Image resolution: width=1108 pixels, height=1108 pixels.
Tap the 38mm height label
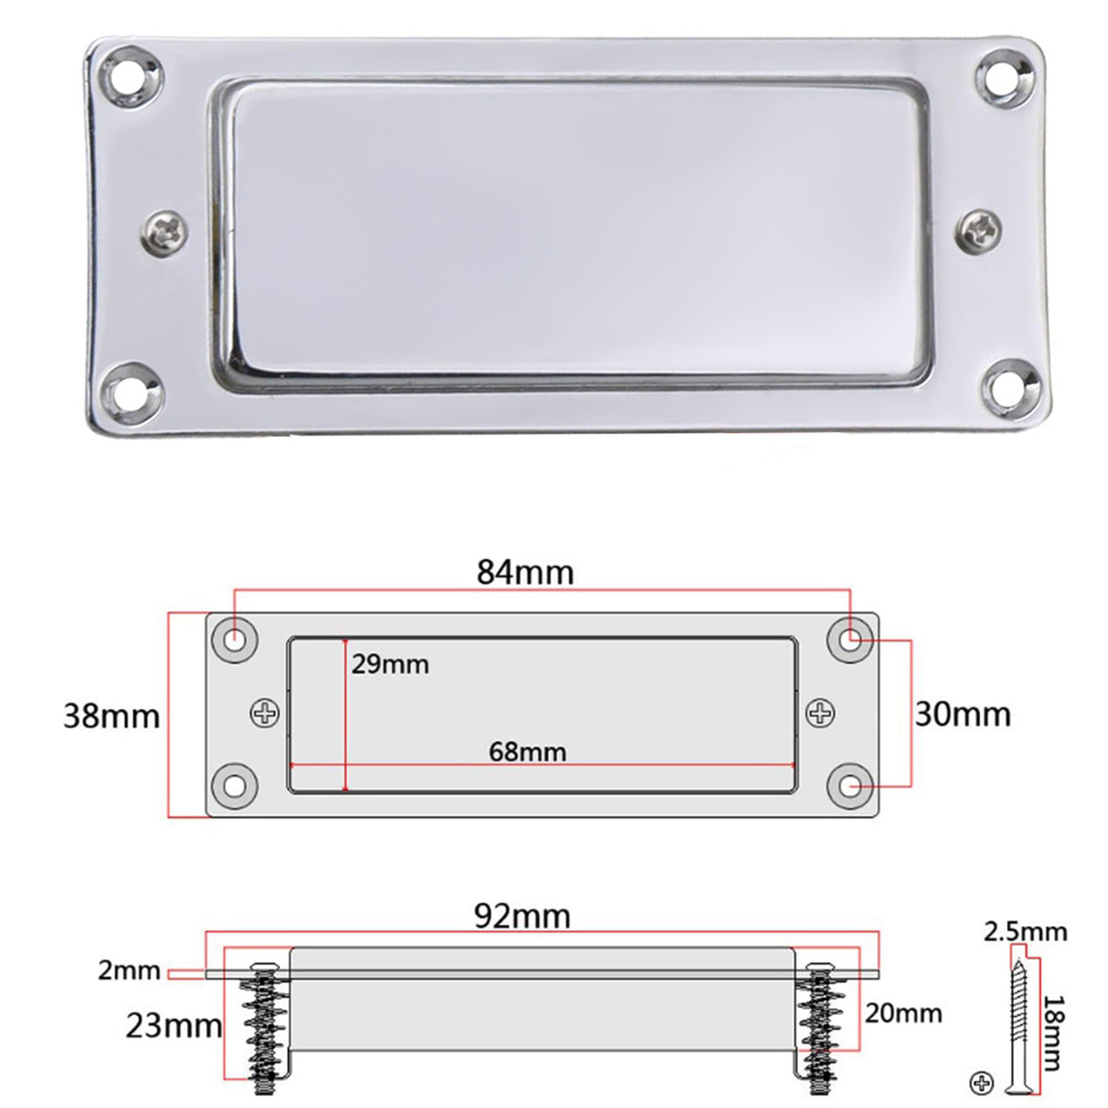[111, 716]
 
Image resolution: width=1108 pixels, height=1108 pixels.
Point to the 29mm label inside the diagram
[390, 665]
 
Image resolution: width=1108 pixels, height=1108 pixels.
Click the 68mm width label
[527, 752]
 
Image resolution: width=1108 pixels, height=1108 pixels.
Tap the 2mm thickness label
[129, 971]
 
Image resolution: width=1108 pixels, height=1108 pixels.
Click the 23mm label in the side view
[173, 1026]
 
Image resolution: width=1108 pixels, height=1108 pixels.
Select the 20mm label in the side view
[903, 1014]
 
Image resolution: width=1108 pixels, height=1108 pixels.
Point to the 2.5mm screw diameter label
[1026, 932]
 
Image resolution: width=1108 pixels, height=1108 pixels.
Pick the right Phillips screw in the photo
[979, 230]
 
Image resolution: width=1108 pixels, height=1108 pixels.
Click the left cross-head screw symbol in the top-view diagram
[264, 713]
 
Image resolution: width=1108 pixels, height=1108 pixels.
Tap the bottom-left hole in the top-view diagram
[235, 786]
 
